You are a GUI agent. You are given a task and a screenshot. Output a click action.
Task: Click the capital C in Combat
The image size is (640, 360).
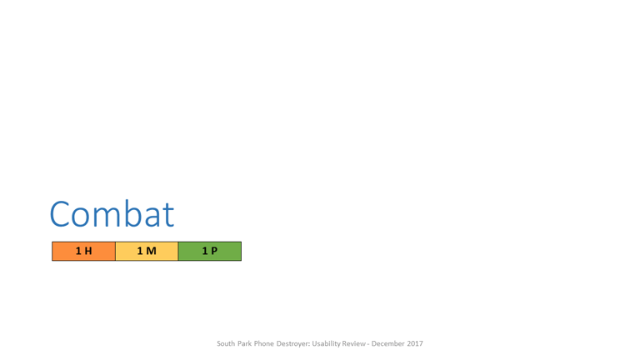point(59,214)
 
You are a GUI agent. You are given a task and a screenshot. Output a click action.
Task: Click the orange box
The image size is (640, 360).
point(83,251)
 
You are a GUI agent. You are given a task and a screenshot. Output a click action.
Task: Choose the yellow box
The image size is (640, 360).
point(147,251)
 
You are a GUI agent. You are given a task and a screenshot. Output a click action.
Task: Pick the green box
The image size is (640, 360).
point(210,251)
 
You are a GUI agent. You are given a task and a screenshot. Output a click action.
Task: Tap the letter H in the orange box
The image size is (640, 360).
point(87,251)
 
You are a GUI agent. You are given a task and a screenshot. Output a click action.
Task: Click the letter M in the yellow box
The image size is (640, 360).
point(151,251)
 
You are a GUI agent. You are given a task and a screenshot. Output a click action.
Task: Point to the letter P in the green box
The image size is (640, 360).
point(214,251)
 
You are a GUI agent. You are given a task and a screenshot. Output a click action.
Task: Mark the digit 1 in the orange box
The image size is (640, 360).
point(78,251)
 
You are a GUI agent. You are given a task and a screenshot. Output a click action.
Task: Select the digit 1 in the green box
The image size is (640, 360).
point(205,251)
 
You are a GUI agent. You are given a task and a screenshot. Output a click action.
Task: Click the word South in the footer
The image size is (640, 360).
point(226,343)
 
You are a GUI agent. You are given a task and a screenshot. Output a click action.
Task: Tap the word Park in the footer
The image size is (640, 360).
point(244,343)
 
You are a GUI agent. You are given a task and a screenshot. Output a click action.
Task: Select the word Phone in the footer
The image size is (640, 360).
point(263,343)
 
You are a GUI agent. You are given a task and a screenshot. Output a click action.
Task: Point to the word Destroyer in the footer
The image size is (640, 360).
point(293,344)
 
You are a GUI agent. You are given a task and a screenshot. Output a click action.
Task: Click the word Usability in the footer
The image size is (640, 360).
point(327,344)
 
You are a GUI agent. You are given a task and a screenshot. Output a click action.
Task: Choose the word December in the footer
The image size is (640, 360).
point(387,343)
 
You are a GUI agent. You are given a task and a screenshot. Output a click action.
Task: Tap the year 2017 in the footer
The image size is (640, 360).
point(415,343)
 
